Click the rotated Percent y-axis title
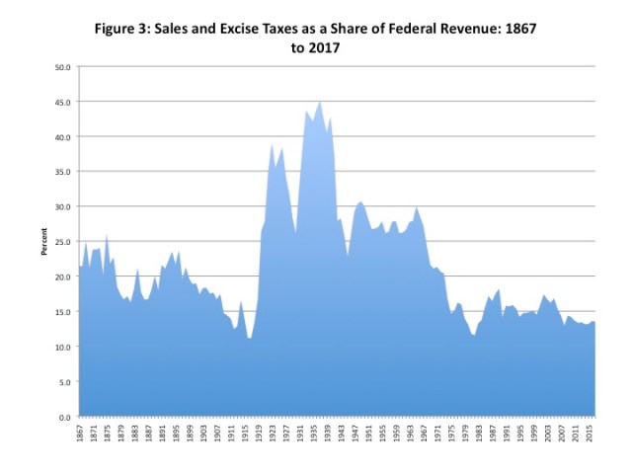[x=44, y=242]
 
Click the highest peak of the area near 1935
[x=319, y=102]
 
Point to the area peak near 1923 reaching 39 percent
[x=272, y=144]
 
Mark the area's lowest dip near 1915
[x=250, y=339]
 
